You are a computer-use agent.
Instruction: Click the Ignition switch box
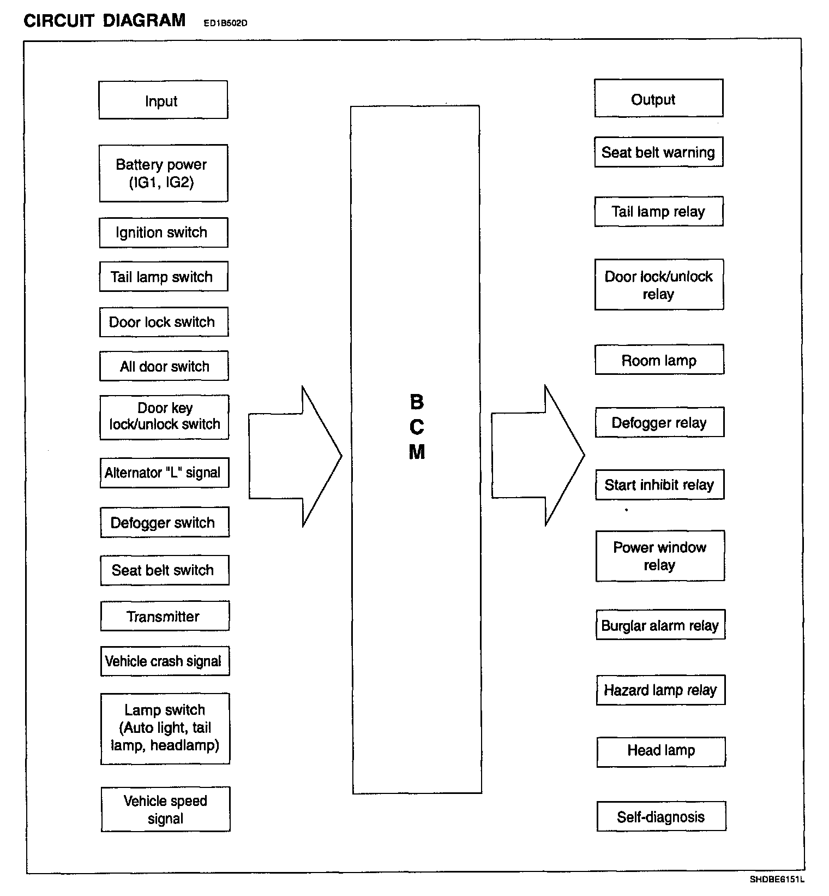tap(163, 232)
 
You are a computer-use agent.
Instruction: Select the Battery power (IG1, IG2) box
tap(163, 173)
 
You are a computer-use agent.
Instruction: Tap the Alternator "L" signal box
tap(164, 473)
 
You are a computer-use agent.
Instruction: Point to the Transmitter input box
tap(164, 616)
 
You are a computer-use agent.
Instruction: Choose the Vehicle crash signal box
tap(164, 661)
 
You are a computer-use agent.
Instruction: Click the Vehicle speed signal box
tap(165, 809)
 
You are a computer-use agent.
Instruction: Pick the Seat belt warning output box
tap(658, 152)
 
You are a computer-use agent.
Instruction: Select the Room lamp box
tap(659, 360)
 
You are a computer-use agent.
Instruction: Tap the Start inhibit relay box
tap(659, 485)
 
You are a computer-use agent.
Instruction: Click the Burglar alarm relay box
tap(660, 625)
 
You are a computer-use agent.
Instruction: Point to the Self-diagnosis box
tap(661, 817)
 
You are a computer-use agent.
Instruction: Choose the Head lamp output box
tap(660, 751)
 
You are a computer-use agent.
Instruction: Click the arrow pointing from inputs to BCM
tap(295, 456)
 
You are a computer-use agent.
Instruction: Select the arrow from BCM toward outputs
tap(537, 456)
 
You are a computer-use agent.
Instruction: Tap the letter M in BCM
tap(417, 452)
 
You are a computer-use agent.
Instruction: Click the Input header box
tap(163, 100)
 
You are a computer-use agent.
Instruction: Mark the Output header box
tap(658, 99)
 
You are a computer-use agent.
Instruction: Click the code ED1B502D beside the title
tap(225, 23)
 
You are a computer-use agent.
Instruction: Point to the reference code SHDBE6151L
tap(777, 880)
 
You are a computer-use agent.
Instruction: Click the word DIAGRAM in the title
tap(144, 20)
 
